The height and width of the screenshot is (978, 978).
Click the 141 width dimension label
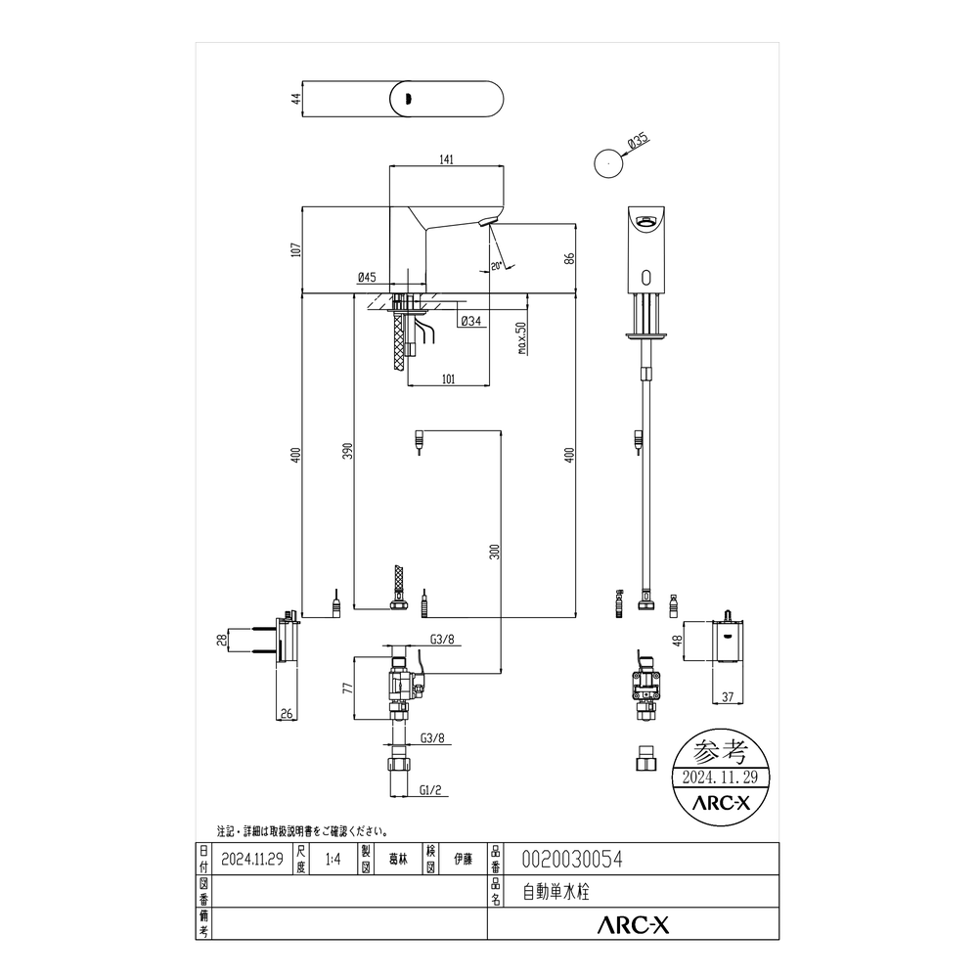pos(446,159)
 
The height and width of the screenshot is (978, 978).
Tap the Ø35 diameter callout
pos(638,141)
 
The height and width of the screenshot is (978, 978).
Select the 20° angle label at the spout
pos(496,266)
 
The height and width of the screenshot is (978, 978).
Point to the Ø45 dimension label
pos(367,277)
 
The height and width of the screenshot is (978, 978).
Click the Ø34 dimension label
pos(471,321)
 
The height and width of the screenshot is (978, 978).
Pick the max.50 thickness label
pos(521,338)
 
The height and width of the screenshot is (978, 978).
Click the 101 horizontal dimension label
pos(448,379)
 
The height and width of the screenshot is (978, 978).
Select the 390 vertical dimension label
pos(348,451)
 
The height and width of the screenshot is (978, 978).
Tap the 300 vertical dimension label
pos(495,552)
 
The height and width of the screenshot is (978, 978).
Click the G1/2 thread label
pos(430,789)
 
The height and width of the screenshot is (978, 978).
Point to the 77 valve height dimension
pos(348,688)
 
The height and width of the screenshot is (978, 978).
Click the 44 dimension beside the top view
pos(296,99)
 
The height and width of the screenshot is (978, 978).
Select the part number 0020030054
pos(572,860)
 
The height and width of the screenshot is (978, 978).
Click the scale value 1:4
pos(333,860)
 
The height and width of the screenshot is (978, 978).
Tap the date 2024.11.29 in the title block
pos(252,860)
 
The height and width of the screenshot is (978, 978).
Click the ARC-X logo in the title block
pos(633,924)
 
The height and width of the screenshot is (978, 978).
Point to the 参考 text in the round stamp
pos(721,751)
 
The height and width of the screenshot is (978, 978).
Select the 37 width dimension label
pos(728,697)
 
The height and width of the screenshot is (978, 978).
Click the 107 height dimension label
pos(296,249)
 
